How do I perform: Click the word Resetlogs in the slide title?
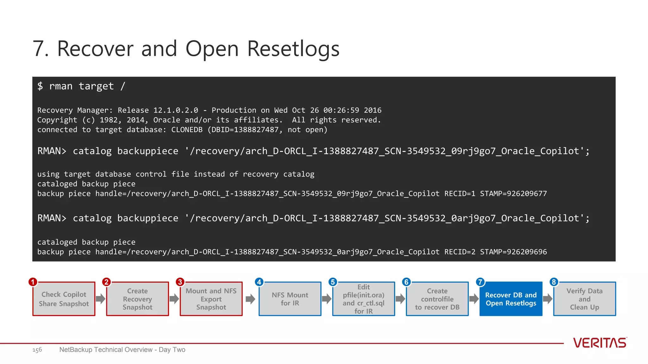[x=293, y=49]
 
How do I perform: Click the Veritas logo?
[x=600, y=343]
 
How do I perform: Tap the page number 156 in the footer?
[x=37, y=350]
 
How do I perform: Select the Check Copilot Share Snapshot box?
[x=64, y=299]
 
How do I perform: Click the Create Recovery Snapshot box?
[x=137, y=299]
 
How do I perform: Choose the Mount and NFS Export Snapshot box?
[x=211, y=299]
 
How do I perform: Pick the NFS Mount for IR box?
[x=290, y=299]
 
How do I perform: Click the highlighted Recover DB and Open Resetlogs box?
[x=511, y=299]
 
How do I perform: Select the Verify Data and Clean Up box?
[x=584, y=299]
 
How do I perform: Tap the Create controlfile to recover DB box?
[x=437, y=299]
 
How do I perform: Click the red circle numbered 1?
[x=33, y=282]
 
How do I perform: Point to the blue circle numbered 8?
[x=554, y=282]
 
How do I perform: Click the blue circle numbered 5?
[x=333, y=282]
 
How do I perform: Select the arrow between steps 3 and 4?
[x=250, y=299]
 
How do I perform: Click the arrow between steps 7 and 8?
[x=548, y=299]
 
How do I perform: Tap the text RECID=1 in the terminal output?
[x=459, y=193]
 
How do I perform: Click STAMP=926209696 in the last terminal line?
[x=513, y=252]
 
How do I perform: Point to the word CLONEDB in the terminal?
[x=187, y=130]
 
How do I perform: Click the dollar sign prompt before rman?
[x=40, y=86]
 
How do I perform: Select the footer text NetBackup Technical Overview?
[x=106, y=350]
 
